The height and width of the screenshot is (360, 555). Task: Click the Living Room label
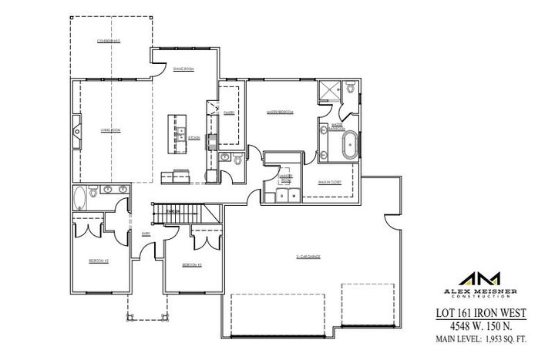click(x=111, y=130)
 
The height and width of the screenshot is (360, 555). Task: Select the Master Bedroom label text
click(x=280, y=113)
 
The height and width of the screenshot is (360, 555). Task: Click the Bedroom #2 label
click(x=99, y=261)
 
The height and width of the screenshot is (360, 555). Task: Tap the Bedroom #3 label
click(x=192, y=265)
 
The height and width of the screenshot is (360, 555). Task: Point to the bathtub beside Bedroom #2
click(x=80, y=198)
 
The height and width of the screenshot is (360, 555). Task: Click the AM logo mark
click(x=479, y=278)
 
